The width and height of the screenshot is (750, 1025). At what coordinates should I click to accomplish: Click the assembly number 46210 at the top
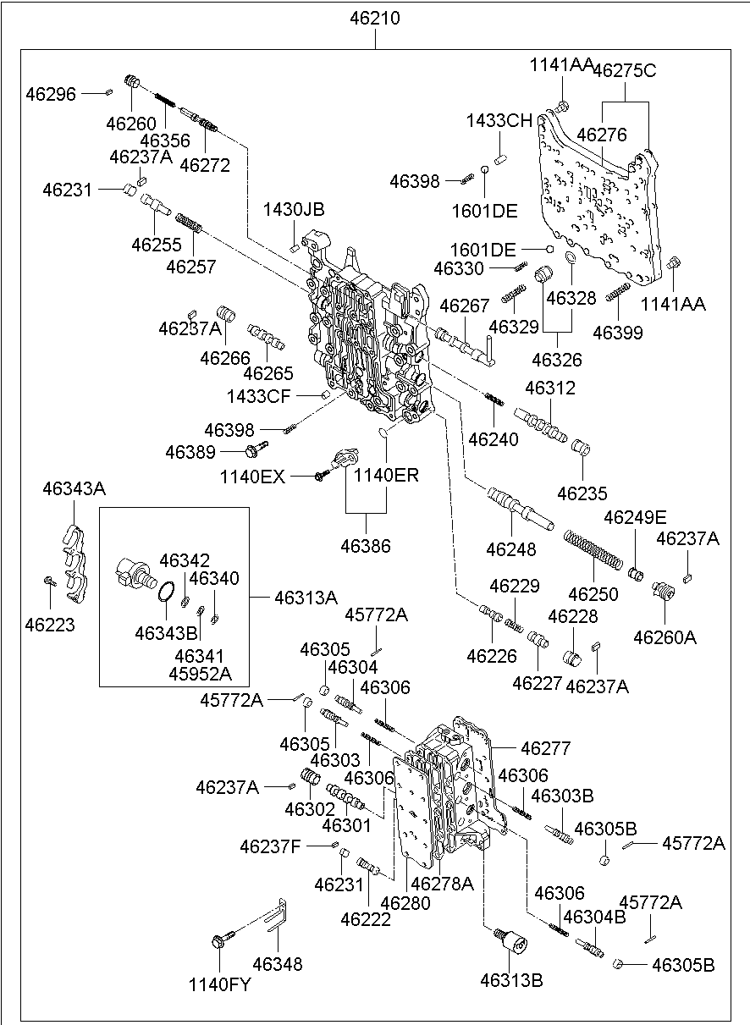(x=375, y=18)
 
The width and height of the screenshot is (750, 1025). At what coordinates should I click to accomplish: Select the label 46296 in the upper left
(x=52, y=94)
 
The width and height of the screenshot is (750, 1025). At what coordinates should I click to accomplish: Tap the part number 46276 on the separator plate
(x=602, y=135)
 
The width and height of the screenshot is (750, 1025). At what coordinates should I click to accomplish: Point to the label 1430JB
(x=293, y=210)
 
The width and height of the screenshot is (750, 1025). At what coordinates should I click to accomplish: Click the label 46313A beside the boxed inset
(x=306, y=598)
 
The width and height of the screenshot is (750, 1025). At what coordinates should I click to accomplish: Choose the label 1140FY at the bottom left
(x=219, y=984)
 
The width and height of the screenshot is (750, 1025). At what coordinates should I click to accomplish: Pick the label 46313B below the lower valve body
(x=511, y=981)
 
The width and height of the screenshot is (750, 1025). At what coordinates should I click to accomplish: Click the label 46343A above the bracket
(x=74, y=488)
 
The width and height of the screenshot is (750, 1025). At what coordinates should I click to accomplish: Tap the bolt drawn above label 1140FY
(x=219, y=939)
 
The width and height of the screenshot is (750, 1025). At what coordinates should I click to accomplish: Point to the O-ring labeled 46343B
(x=167, y=592)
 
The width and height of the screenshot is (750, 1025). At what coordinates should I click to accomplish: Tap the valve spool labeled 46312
(x=540, y=423)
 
